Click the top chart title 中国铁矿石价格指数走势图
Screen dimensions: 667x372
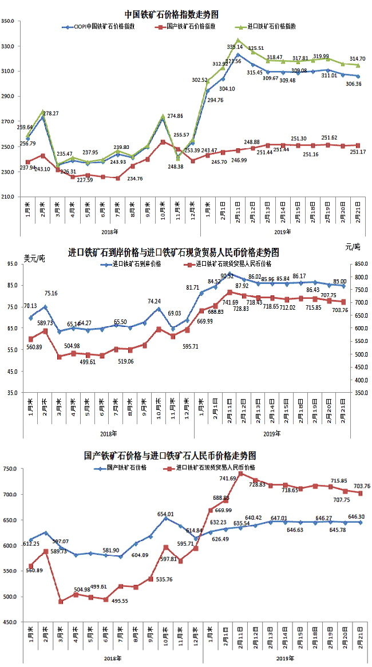coord(171,14)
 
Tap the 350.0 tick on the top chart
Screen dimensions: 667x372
coord(9,21)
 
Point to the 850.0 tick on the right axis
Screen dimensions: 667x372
coord(360,264)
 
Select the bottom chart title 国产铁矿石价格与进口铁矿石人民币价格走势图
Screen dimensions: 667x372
coord(169,456)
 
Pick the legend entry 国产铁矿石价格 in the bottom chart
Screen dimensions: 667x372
coord(126,468)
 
